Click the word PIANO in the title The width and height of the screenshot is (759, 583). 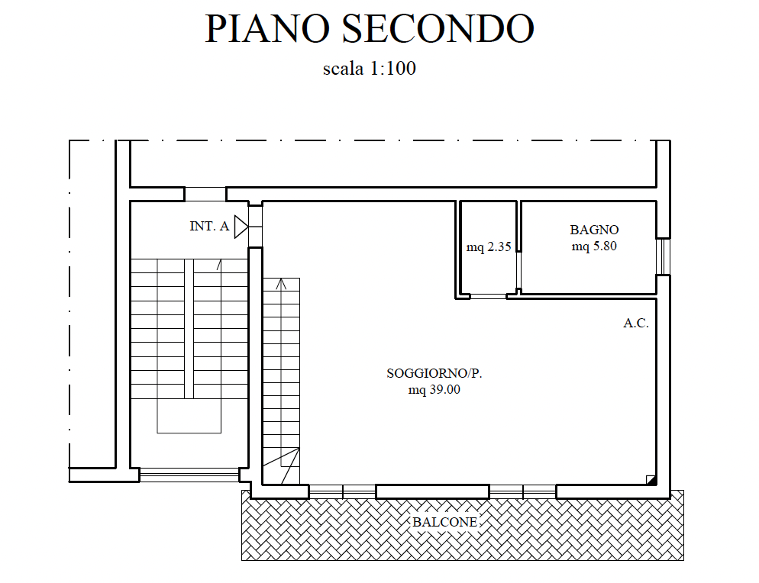coord(267,28)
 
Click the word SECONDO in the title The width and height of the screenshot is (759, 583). coord(438,28)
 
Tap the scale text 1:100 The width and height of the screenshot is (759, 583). coord(392,68)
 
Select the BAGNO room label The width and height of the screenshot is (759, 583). coord(594,230)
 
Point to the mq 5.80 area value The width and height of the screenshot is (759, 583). coord(594,246)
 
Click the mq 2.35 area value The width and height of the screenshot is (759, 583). coord(489,246)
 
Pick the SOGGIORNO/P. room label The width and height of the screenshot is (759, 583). coord(434,373)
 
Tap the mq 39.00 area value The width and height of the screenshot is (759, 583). coord(434,389)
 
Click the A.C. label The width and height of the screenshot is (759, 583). coord(635,323)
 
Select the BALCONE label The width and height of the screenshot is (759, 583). coord(444,522)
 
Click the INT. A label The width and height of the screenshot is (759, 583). coord(209,226)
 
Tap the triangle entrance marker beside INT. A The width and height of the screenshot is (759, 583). coord(241,227)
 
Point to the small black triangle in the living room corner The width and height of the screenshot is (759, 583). coord(651,480)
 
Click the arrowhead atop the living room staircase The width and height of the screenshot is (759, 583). coord(281,284)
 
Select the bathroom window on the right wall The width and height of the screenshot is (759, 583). coord(663,257)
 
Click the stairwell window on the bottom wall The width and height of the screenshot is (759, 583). coord(189,475)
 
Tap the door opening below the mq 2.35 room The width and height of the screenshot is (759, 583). coord(488,295)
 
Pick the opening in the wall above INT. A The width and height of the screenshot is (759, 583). coord(205,194)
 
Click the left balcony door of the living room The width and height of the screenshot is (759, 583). coord(342,491)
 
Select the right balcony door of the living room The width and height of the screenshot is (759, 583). coord(522,491)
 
